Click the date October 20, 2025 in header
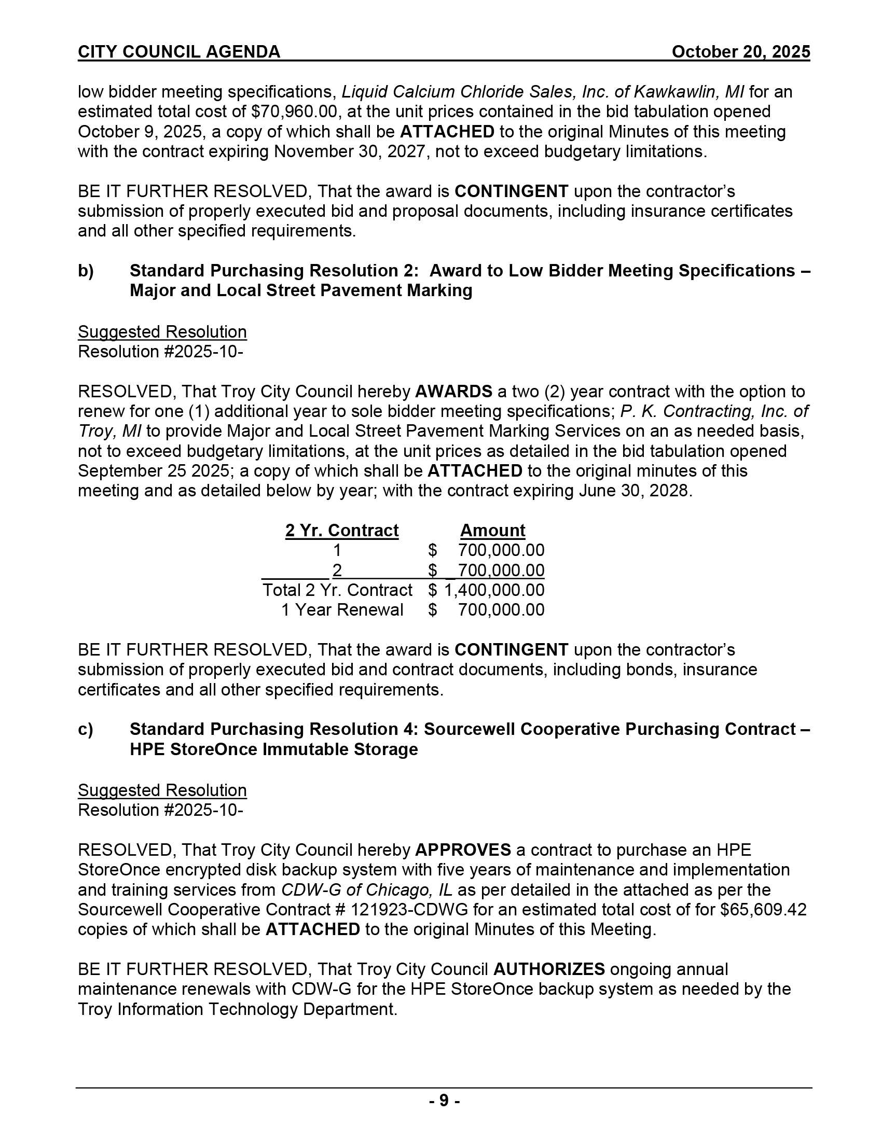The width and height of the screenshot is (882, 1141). pos(740,52)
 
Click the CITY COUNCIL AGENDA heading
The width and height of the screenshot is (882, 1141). pos(178,52)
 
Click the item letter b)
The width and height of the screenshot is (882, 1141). pos(86,271)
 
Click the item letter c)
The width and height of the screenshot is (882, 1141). pos(86,729)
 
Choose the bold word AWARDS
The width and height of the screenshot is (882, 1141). pos(453,391)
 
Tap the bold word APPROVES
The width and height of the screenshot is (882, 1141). pos(463,850)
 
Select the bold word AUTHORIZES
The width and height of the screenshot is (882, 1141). pos(549,969)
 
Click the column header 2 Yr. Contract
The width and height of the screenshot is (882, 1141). pos(342,530)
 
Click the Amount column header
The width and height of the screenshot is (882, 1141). pos(492,530)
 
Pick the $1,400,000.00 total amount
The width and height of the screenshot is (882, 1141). pos(494,590)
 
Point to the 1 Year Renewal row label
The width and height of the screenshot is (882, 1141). pos(342,610)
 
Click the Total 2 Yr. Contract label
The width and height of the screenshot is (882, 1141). pos(337,590)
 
